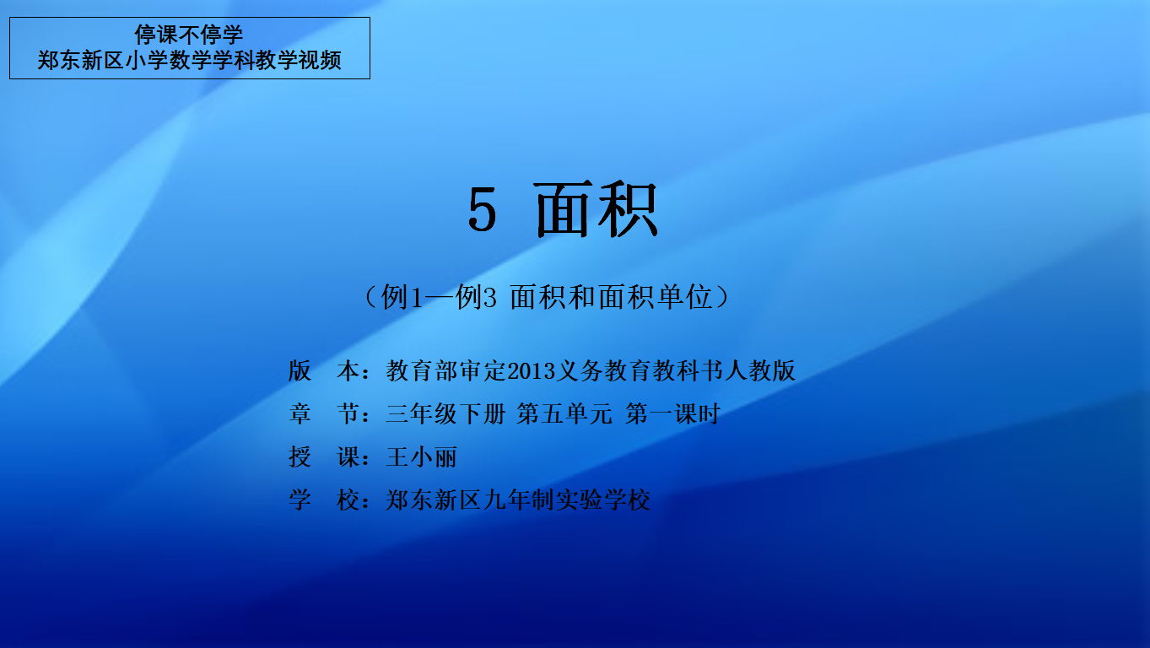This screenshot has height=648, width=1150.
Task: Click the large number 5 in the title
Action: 483,208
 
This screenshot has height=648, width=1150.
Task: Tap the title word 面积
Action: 597,208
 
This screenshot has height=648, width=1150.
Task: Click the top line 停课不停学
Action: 188,35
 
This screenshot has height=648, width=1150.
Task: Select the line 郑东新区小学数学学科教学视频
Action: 189,60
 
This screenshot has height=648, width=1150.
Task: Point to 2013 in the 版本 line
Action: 532,370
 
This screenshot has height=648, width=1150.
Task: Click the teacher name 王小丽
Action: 421,457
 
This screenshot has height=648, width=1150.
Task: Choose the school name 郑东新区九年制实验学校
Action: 518,499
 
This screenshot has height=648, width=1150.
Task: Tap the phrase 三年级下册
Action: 445,413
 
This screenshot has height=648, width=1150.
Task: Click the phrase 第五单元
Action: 564,413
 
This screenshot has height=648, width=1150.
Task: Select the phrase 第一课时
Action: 672,413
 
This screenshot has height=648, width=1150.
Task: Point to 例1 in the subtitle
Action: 402,297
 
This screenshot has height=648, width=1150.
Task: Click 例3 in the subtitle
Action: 476,297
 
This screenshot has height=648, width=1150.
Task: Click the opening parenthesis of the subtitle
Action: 371,297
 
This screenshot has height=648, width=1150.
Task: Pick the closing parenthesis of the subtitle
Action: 722,297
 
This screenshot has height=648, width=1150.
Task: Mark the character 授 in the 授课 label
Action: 300,457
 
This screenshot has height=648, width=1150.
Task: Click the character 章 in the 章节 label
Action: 300,413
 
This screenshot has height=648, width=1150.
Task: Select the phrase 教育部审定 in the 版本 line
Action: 446,370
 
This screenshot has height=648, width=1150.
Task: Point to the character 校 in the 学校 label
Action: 348,499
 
